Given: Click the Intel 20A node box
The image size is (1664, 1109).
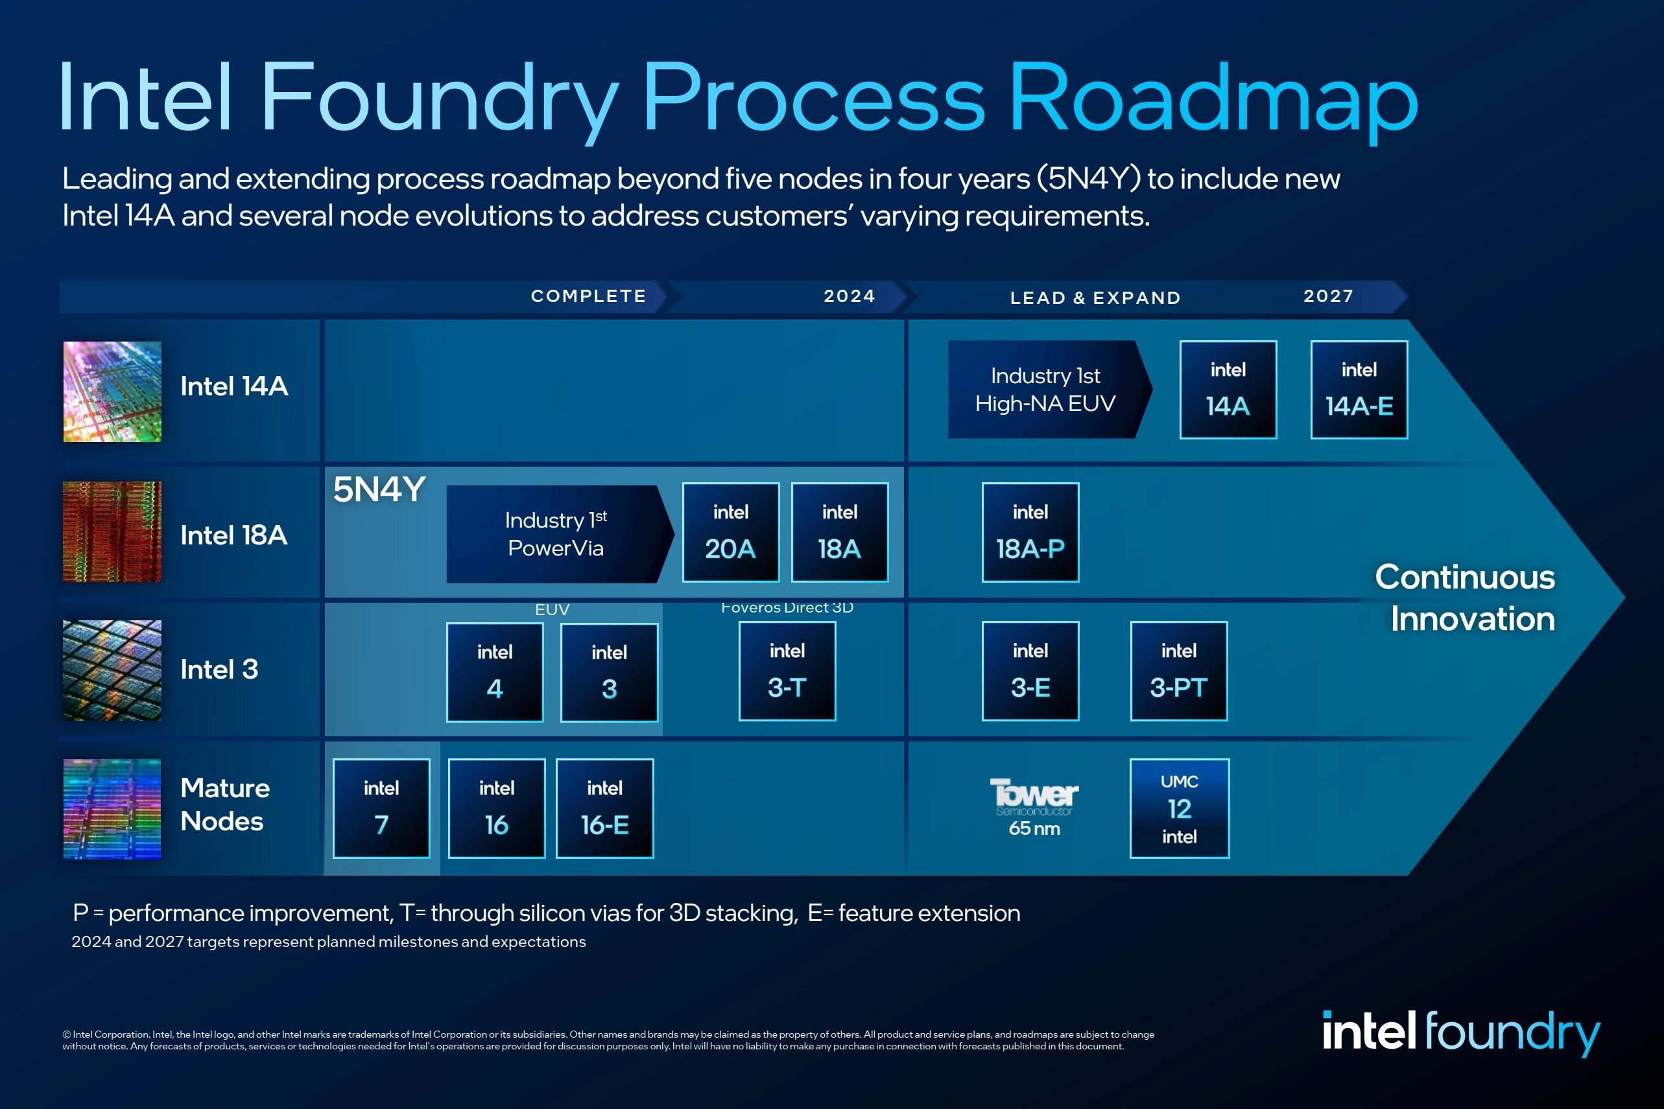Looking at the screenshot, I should click(730, 533).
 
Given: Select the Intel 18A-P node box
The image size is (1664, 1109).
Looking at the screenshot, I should click(1030, 533).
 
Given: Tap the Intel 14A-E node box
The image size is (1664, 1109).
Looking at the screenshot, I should click(1359, 390).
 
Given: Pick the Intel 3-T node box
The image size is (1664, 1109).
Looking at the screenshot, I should click(787, 671).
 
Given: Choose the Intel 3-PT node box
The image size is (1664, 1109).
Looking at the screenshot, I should click(1179, 671).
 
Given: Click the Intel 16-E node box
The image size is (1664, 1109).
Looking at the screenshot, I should click(604, 808).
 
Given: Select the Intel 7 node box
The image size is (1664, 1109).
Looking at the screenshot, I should click(381, 808).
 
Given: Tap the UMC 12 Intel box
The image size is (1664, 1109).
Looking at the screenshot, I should click(1180, 808).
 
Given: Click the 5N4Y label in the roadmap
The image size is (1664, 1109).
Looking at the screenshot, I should click(379, 489).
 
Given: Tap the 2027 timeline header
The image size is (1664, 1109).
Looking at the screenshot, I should click(1328, 296).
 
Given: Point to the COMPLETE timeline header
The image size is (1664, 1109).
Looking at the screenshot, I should click(589, 296).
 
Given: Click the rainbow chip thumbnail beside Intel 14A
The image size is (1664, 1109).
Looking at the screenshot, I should click(112, 392).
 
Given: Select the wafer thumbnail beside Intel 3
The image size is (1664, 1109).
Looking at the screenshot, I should click(112, 670).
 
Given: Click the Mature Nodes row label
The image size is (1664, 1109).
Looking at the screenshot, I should click(225, 804).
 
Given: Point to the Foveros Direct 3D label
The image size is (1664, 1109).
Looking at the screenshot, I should click(787, 607).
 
